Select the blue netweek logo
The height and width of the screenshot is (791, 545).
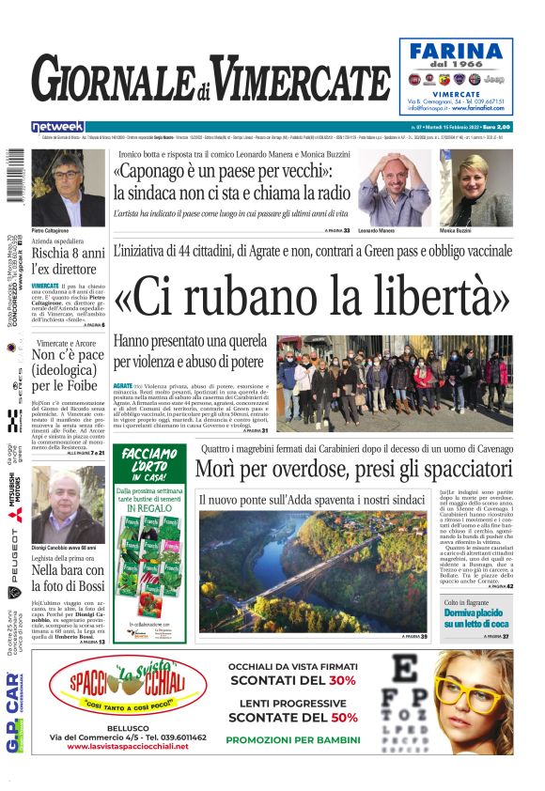(57, 127)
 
